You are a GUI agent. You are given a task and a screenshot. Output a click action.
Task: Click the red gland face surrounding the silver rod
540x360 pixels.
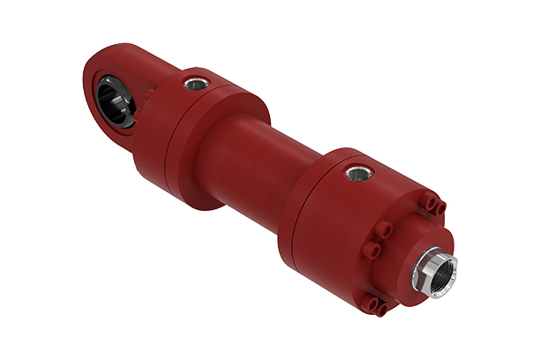(415, 265)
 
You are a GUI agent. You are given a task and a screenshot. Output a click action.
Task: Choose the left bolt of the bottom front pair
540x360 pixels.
(371, 304)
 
